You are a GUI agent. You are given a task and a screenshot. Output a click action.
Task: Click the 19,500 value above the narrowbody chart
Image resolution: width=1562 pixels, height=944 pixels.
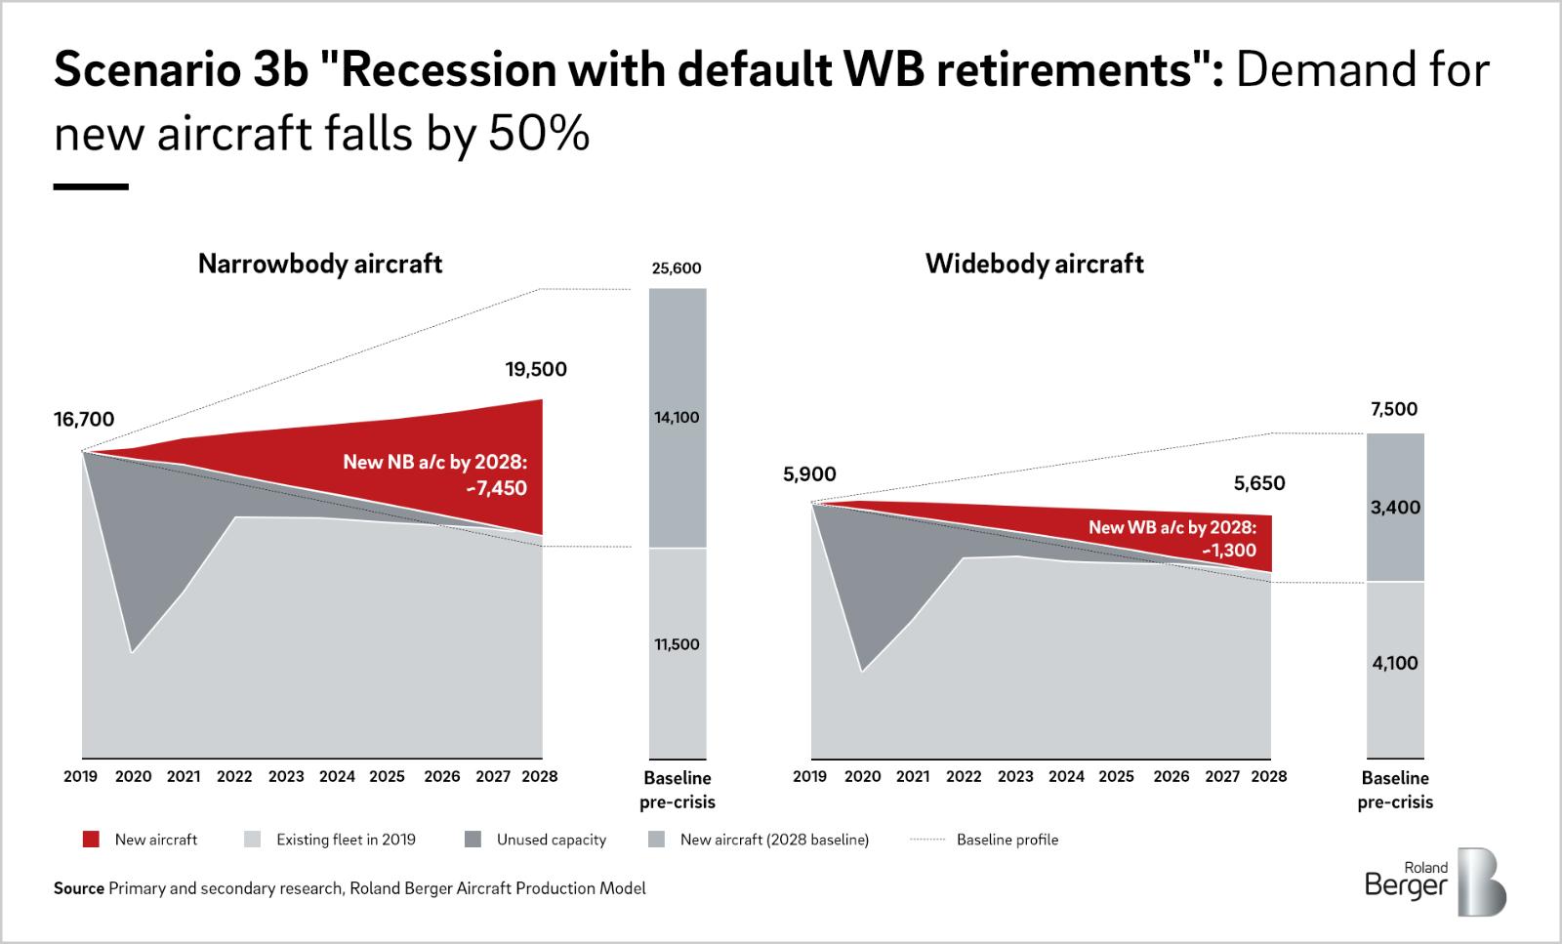pos(535,370)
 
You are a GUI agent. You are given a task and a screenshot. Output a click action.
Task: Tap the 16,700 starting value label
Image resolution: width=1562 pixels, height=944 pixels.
pos(84,420)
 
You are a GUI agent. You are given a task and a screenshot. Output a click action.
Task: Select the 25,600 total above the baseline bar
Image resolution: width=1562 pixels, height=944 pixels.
pos(677,268)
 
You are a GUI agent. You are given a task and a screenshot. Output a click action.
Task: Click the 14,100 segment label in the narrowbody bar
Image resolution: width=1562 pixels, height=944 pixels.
pos(677,418)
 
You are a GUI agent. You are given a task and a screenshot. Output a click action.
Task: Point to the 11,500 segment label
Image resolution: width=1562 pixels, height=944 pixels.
pos(677,644)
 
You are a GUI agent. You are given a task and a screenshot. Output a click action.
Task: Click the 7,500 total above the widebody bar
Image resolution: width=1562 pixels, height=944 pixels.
pos(1394,409)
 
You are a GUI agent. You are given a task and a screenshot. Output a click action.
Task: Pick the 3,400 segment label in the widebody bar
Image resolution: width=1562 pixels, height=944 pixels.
pos(1395,508)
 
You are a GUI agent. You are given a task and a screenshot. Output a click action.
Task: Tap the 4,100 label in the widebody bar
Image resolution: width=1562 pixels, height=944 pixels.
pos(1395,664)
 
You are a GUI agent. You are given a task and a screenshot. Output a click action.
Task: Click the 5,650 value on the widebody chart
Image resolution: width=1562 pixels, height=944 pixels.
pos(1259,483)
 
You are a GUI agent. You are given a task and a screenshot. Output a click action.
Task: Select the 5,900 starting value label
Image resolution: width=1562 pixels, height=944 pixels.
pos(809,475)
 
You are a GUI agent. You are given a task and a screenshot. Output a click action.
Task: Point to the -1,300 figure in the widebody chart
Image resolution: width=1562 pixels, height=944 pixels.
pos(1229,551)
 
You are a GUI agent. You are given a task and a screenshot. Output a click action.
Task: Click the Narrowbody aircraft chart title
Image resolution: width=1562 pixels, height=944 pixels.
pos(320,264)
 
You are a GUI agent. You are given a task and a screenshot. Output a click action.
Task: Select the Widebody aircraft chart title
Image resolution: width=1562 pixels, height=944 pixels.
pos(1034,264)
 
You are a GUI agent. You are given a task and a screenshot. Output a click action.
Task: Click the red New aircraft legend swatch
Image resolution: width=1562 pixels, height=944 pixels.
pos(91,840)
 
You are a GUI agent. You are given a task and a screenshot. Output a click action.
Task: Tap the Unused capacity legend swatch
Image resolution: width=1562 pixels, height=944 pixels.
pos(473,840)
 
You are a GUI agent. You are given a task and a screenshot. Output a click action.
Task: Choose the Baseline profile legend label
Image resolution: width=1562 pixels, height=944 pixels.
pos(1007,840)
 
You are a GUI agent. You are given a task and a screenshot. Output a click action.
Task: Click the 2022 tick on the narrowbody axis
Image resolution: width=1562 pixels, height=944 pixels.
pos(234,777)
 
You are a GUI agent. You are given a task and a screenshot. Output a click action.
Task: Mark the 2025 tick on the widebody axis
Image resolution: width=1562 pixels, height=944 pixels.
pos(1117,777)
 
